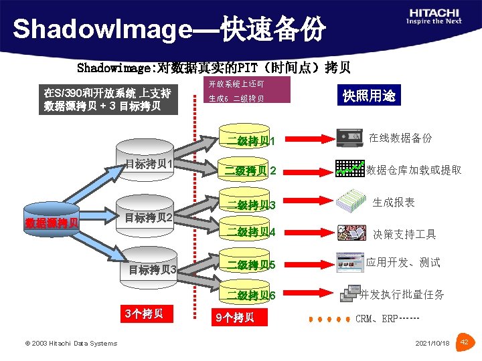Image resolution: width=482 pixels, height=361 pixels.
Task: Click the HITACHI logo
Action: coord(434,15)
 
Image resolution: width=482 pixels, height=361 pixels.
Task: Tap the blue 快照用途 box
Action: coord(369,96)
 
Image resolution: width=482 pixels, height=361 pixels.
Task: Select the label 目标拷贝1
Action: coord(151,164)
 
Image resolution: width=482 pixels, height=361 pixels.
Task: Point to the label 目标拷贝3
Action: coord(152,269)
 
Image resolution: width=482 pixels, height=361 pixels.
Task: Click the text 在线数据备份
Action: coord(400,138)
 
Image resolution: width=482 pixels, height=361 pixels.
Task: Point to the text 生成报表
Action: coord(394,202)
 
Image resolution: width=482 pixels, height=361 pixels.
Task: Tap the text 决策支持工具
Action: coord(404,234)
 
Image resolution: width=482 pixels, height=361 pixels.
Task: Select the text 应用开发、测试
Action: coord(403,262)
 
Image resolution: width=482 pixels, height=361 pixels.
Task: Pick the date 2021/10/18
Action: coord(432,343)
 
